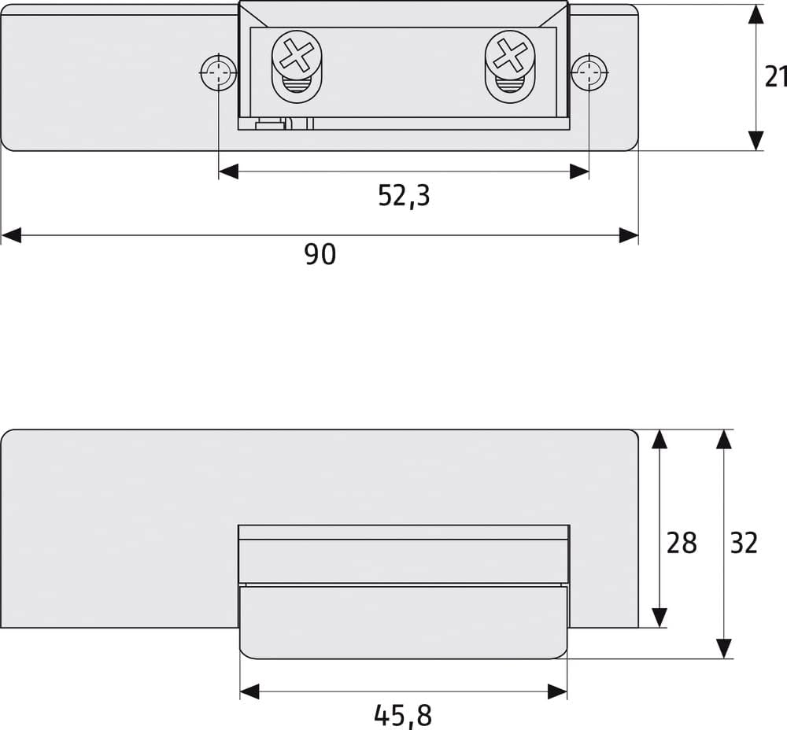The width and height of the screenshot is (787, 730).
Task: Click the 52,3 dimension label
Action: click(x=404, y=196)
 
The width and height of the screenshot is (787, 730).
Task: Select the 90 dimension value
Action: click(x=320, y=254)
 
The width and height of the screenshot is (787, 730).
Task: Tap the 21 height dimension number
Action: click(x=775, y=77)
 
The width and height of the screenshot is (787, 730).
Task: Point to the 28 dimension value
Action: click(x=681, y=543)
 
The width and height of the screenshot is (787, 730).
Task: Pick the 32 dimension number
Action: click(x=744, y=543)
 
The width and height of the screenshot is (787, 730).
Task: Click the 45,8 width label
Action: click(x=403, y=716)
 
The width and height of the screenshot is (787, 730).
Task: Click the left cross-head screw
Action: click(x=297, y=55)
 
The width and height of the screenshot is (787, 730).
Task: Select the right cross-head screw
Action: click(x=510, y=55)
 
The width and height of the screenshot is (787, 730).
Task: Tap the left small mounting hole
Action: click(x=218, y=72)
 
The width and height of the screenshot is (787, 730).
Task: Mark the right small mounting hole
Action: click(x=589, y=72)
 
